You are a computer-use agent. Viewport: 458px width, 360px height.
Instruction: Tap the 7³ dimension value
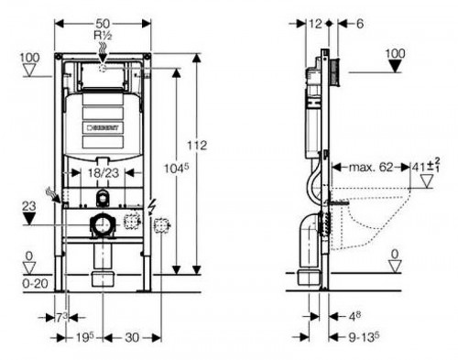[62, 317]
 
